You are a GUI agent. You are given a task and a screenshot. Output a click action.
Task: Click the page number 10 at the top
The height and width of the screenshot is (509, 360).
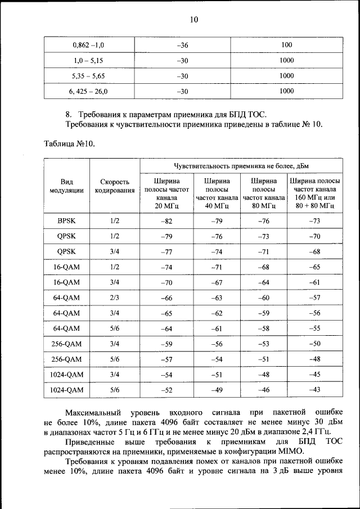click(x=193, y=20)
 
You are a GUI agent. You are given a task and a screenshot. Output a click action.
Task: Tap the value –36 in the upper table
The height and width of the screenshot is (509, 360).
click(x=182, y=44)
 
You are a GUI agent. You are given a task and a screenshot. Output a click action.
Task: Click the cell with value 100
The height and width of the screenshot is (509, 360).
click(x=287, y=44)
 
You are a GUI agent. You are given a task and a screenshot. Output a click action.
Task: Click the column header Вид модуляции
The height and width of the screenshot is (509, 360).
click(x=67, y=186)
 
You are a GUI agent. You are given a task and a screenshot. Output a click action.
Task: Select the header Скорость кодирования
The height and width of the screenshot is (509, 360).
click(x=115, y=186)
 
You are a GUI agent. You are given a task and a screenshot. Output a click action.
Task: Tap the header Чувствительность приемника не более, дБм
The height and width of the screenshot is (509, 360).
click(x=241, y=165)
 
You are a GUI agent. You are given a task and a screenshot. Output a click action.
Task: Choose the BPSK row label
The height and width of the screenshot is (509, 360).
click(x=67, y=221)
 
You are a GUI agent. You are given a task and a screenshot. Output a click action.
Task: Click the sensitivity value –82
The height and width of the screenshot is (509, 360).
click(x=166, y=221)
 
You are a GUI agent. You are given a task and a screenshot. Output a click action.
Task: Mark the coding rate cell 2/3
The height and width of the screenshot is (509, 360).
click(x=115, y=298)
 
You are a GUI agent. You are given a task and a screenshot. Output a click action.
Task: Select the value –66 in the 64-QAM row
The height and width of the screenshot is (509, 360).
click(x=166, y=298)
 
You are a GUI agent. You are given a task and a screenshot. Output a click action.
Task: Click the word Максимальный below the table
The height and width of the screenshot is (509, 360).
click(x=91, y=413)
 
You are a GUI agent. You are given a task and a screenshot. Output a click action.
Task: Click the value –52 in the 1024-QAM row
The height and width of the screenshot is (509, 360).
click(x=166, y=389)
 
